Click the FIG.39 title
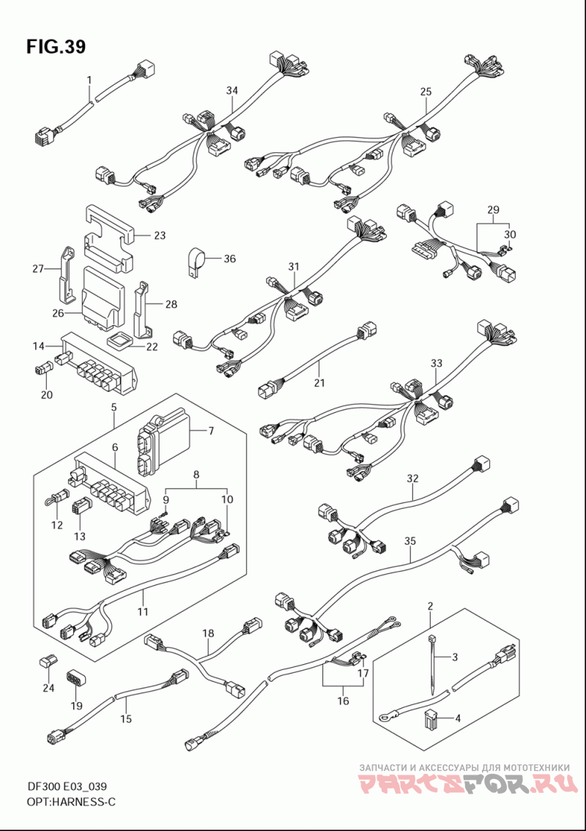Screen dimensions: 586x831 point(56,47)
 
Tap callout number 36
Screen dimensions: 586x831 point(229,258)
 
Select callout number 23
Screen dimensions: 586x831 point(160,235)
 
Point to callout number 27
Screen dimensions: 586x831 point(37,269)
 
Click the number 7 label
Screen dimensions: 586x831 point(211,431)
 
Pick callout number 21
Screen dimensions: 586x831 point(319,383)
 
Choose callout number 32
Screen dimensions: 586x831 point(412,479)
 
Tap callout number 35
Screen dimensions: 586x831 point(410,541)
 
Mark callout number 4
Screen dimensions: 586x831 point(458,719)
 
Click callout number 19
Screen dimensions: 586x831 point(76,705)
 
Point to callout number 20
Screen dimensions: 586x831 point(47,395)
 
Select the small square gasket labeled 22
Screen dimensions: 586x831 point(119,340)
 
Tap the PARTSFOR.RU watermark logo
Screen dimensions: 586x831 point(467,784)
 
